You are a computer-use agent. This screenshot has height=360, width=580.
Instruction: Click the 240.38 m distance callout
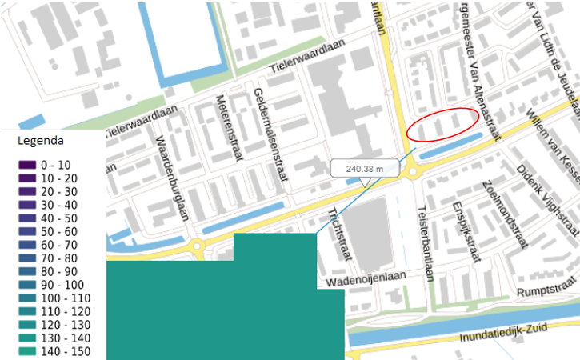(x=364, y=169)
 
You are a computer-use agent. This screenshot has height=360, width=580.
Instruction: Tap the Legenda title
(x=41, y=140)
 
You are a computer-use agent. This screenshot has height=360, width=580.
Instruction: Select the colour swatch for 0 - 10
(x=27, y=165)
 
